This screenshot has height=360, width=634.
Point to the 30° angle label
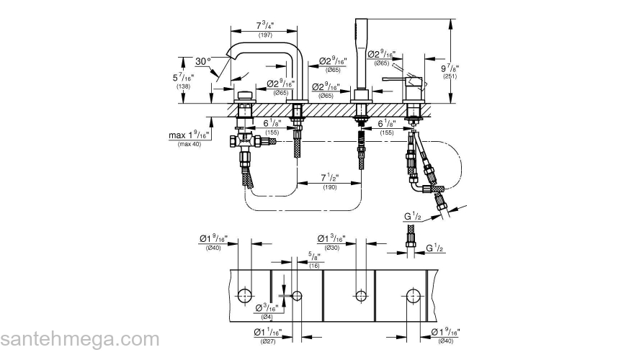(x=203, y=63)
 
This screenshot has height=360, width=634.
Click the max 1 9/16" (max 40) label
(x=189, y=138)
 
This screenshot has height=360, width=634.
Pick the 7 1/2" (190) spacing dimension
(x=329, y=181)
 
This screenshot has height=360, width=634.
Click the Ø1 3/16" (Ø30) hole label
(x=331, y=242)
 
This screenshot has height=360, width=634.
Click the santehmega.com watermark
(x=79, y=339)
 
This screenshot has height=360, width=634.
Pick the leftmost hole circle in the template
(x=245, y=294)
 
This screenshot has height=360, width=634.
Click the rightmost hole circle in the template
(x=414, y=295)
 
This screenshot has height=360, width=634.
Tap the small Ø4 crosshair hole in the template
(x=296, y=295)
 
